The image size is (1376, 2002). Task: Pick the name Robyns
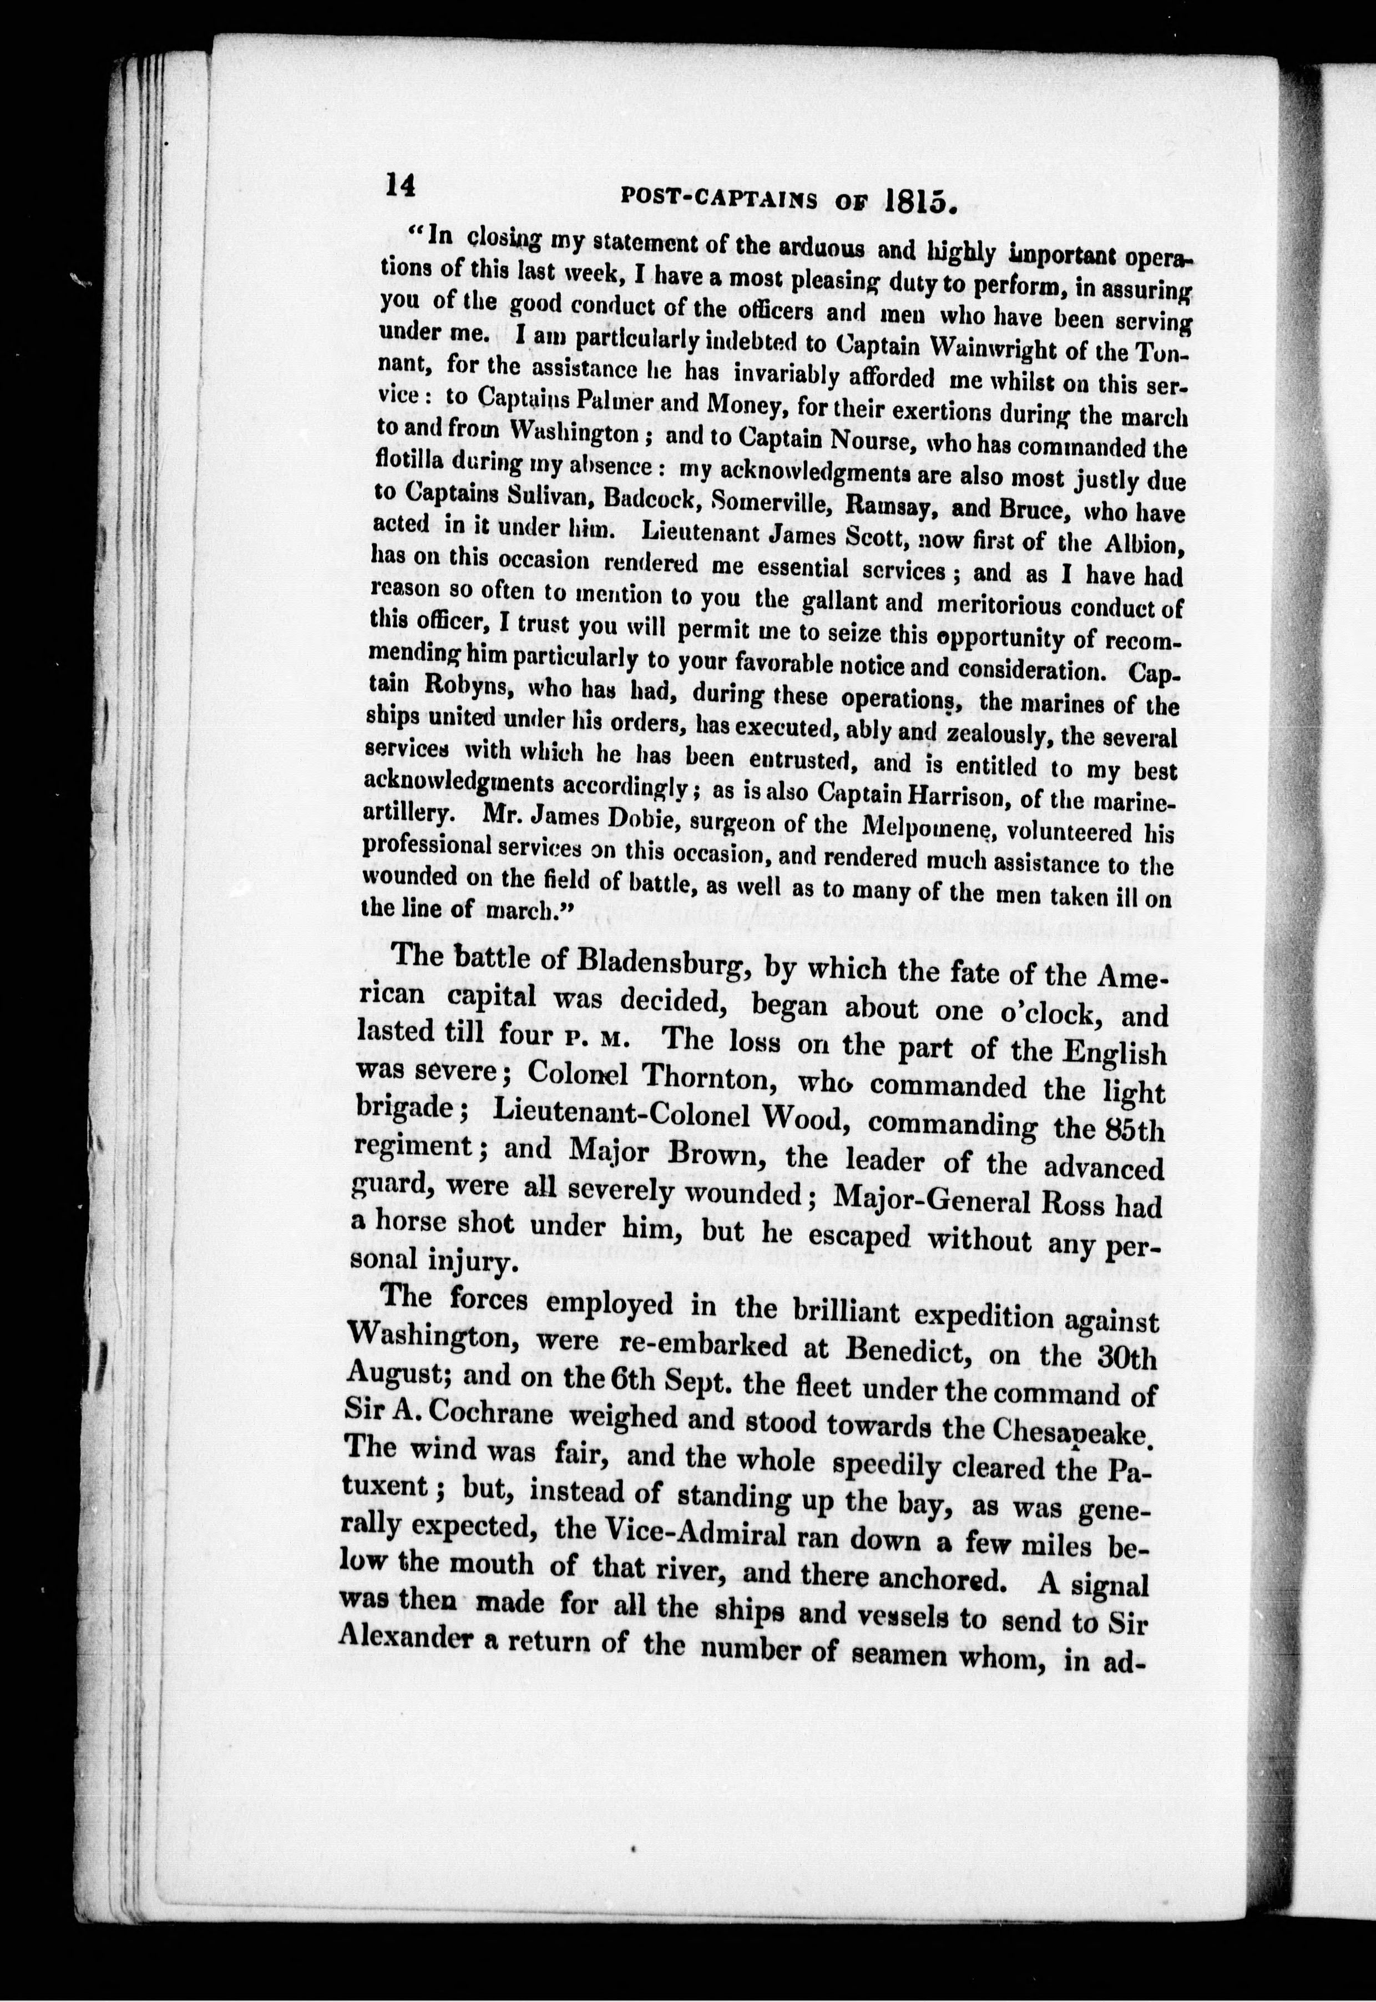point(461,689)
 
